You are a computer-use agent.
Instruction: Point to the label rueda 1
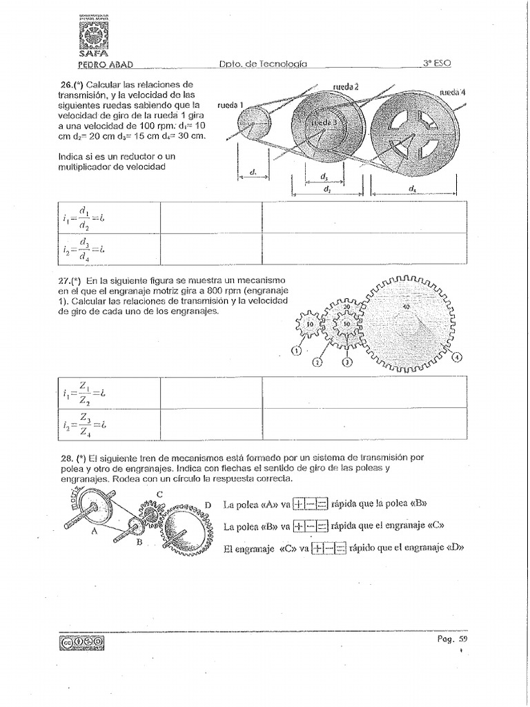pos(230,105)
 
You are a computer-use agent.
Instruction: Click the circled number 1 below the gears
pos(297,351)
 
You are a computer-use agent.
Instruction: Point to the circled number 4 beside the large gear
pos(456,356)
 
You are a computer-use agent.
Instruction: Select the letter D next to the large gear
pos(208,506)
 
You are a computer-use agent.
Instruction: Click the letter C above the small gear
pos(159,493)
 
